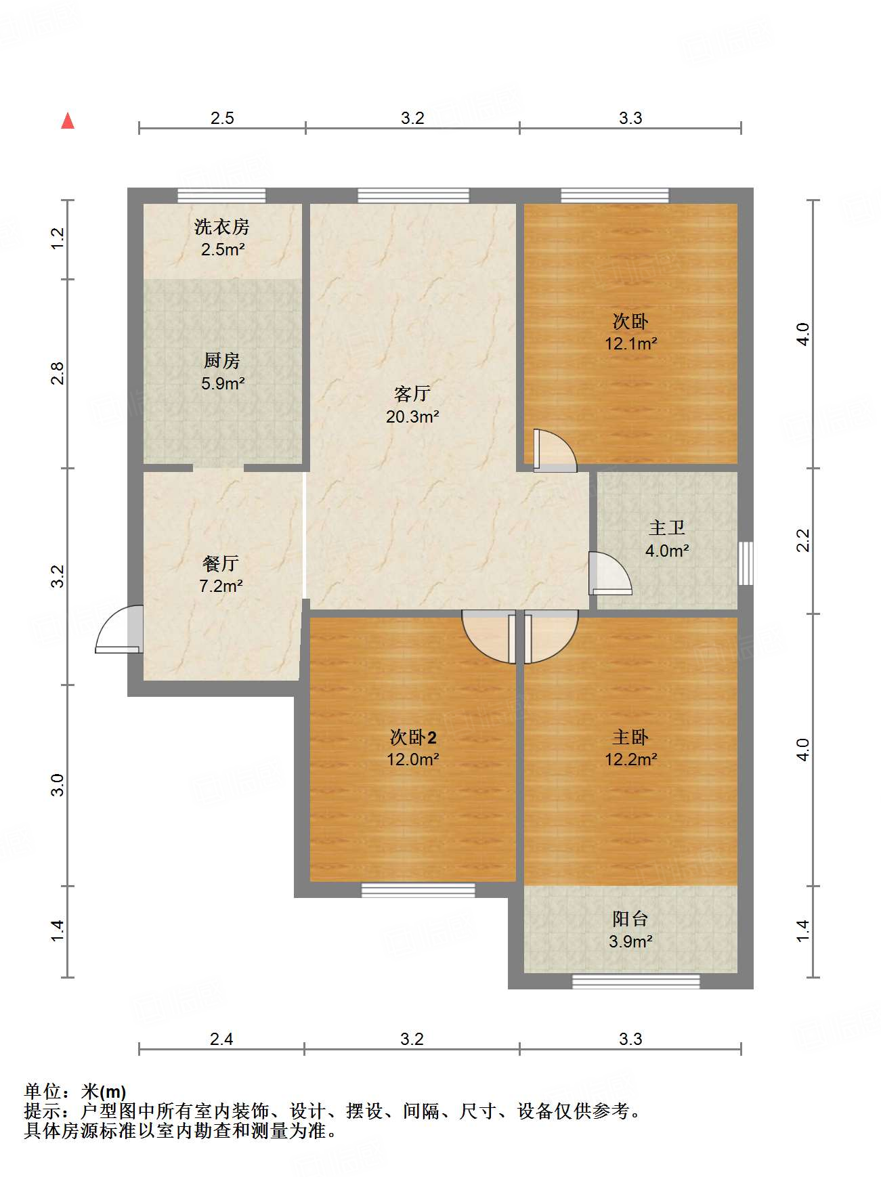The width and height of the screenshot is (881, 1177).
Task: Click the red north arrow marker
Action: (68, 121)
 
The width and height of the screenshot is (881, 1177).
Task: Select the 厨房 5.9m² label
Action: (222, 372)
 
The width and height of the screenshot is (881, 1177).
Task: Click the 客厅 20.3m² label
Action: (412, 405)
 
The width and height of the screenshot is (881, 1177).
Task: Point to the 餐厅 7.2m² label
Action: (221, 574)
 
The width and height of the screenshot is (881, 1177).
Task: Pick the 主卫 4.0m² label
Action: (667, 539)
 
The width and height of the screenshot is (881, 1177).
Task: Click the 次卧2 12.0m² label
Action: (412, 748)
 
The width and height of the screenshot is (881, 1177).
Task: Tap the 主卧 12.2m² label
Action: (630, 748)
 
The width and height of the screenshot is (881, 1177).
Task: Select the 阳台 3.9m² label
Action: (630, 930)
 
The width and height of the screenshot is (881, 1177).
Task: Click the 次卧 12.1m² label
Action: (630, 332)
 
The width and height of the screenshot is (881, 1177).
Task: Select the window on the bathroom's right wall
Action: (746, 563)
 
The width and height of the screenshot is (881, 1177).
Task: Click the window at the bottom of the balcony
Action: (636, 981)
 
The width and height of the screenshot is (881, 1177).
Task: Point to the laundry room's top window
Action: (221, 196)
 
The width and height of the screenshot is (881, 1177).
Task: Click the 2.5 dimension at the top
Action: (222, 118)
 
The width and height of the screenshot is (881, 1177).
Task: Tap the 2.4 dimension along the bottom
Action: (221, 1039)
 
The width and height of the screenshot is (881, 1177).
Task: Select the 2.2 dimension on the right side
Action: (802, 540)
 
